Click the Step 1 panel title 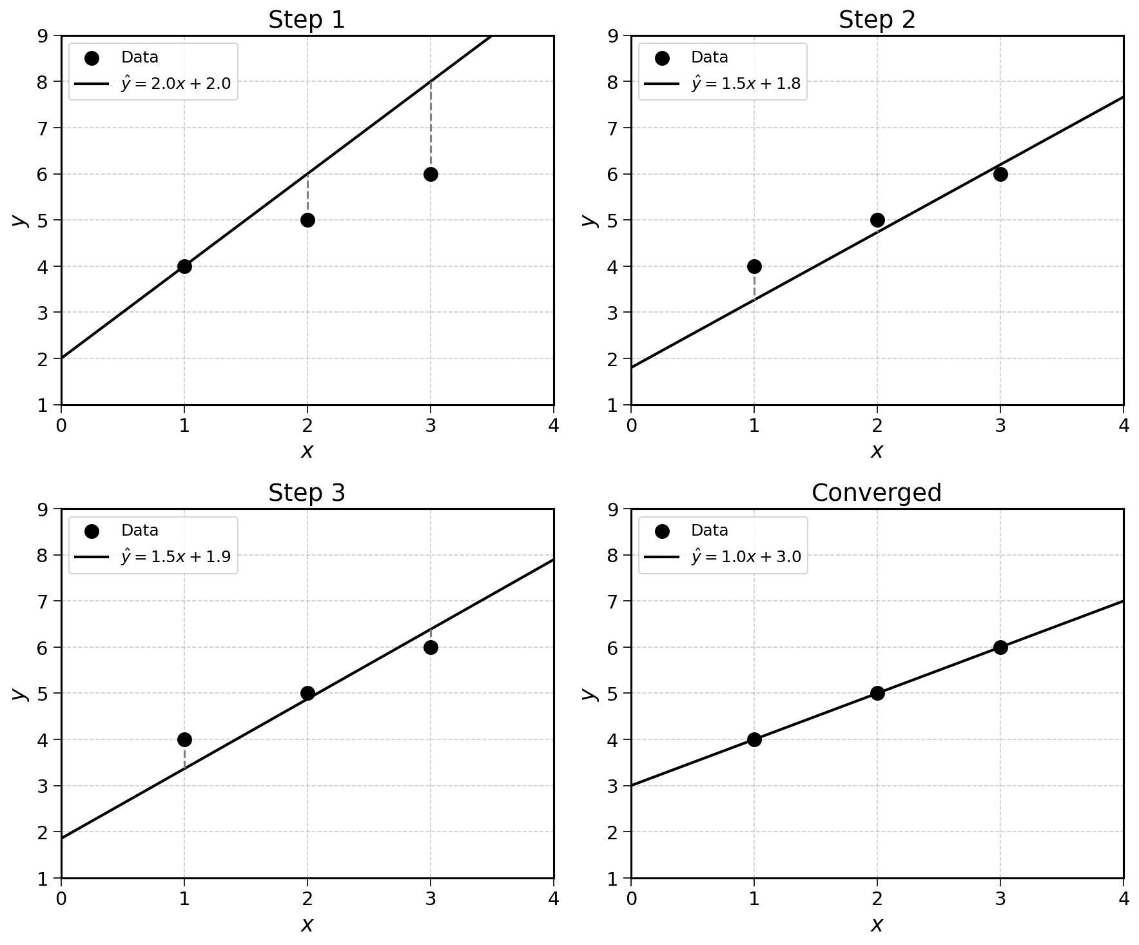tap(307, 20)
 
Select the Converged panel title tap(877, 493)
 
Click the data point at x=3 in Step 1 tap(431, 174)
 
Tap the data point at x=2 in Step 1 tap(307, 220)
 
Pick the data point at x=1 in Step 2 tap(754, 266)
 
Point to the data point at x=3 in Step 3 tap(431, 647)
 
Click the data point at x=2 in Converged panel tap(877, 694)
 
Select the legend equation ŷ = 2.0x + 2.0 tap(175, 84)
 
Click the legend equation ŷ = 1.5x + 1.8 tap(746, 84)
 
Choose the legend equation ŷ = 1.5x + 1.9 tap(175, 557)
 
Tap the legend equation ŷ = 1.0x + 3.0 tap(746, 557)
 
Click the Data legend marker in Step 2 tap(662, 58)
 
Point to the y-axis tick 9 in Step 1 tap(43, 35)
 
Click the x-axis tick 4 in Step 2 tap(1124, 426)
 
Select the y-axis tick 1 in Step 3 tap(43, 879)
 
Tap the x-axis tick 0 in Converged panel tap(631, 899)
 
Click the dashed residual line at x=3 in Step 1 tap(431, 128)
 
